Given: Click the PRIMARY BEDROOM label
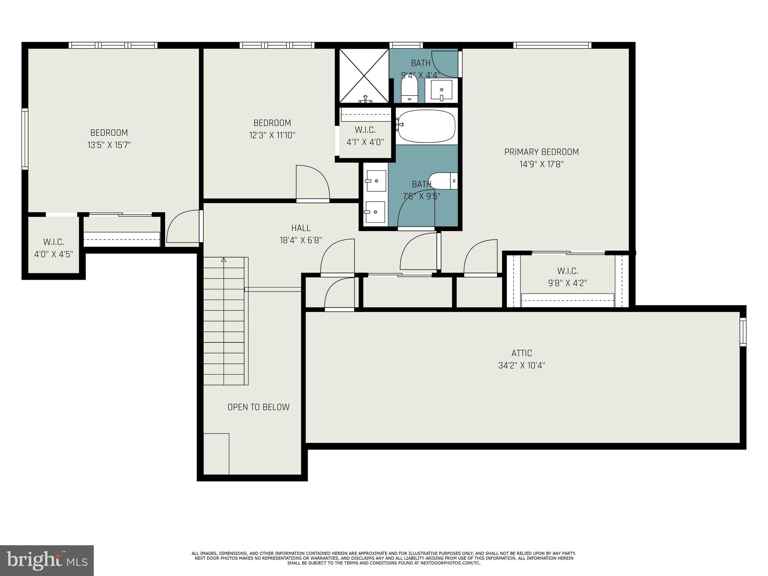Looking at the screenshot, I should click(541, 152).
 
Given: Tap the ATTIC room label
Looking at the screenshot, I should click(521, 353).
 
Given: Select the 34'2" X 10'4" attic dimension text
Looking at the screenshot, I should click(521, 365).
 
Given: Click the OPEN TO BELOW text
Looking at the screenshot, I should click(258, 407).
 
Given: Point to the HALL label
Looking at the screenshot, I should click(301, 228).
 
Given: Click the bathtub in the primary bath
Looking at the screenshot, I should click(427, 126).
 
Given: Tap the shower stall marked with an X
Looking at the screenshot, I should click(364, 75).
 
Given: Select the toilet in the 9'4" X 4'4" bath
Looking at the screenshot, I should click(409, 89).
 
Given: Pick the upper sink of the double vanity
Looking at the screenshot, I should click(376, 181).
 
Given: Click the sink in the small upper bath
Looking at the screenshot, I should click(441, 90).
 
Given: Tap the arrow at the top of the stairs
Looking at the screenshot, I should click(224, 260).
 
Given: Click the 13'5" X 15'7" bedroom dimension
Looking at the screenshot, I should click(109, 145).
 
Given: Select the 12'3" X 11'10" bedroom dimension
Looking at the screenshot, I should click(272, 135).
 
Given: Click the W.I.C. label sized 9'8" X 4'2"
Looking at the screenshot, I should click(567, 271).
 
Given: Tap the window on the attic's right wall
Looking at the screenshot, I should click(742, 332).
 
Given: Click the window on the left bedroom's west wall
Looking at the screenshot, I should click(25, 139).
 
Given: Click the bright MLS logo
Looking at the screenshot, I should click(47, 561).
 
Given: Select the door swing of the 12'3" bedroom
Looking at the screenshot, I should click(312, 183).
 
